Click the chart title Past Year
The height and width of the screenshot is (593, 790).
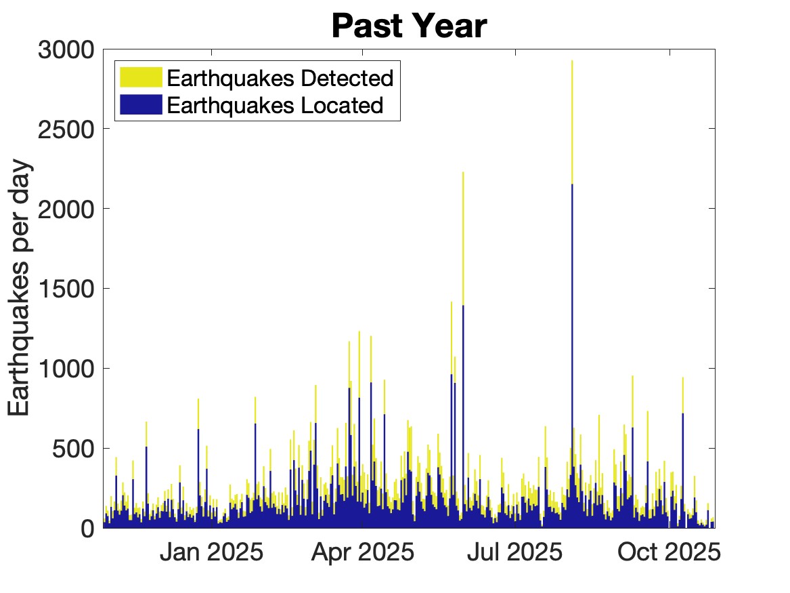(409, 26)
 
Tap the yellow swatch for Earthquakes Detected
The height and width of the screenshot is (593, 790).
(141, 77)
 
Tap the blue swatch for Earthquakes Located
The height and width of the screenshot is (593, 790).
(141, 104)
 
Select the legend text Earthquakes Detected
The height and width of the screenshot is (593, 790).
(280, 78)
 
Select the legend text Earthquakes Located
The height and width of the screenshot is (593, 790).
(275, 105)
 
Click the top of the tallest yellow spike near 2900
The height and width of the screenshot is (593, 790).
(572, 62)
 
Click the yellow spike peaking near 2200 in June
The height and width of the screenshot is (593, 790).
(463, 173)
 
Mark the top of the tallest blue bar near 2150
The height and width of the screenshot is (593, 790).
(572, 185)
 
